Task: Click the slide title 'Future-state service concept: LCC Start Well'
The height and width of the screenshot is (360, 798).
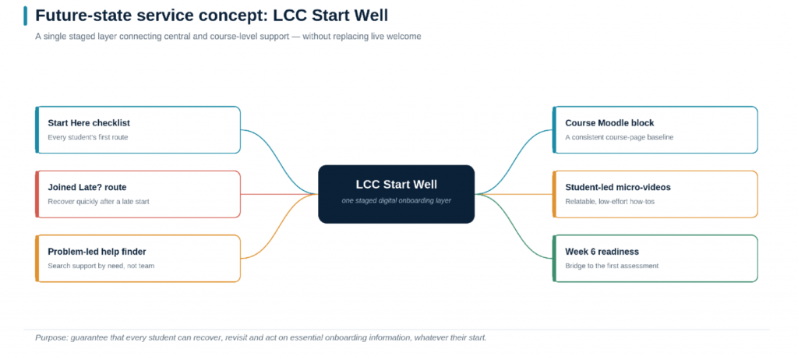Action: click(x=212, y=16)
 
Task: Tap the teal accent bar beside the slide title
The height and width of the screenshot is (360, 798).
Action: click(x=26, y=16)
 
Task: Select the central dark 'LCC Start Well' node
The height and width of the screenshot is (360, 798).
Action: click(x=397, y=194)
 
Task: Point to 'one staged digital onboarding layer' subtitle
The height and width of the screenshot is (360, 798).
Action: click(x=397, y=200)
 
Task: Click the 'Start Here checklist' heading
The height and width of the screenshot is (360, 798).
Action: click(x=89, y=123)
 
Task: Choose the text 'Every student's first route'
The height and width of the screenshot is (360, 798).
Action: click(x=88, y=137)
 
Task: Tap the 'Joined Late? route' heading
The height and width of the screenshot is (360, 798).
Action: click(x=87, y=187)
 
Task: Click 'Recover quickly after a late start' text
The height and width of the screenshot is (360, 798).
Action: click(x=98, y=201)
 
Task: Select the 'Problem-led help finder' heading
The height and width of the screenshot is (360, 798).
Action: click(x=97, y=252)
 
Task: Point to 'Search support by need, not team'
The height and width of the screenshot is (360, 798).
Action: click(x=101, y=265)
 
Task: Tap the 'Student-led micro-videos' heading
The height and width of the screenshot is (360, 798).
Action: click(x=618, y=187)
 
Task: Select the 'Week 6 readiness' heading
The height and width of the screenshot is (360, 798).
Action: click(x=602, y=252)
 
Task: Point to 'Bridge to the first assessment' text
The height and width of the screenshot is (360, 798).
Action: click(x=612, y=265)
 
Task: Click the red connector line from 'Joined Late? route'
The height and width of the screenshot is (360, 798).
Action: click(x=279, y=194)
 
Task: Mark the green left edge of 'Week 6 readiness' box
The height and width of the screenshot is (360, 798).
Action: click(x=554, y=258)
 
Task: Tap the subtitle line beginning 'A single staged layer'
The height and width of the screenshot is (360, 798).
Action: click(x=228, y=37)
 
